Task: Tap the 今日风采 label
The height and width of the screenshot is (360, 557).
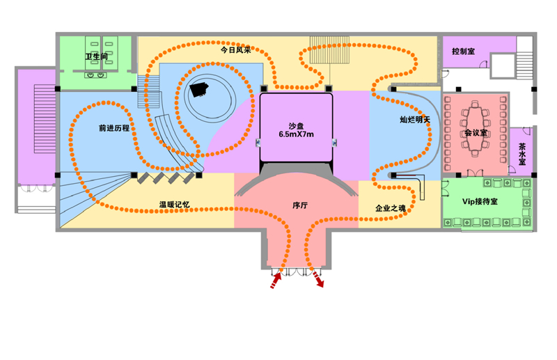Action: (x=235, y=50)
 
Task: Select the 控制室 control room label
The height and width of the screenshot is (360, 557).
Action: (x=463, y=52)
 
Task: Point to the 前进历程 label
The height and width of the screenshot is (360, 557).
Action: (x=113, y=129)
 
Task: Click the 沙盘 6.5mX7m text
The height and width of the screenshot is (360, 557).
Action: (x=295, y=129)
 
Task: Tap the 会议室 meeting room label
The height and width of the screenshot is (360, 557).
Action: (x=476, y=132)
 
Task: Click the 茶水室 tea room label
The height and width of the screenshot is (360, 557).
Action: (x=521, y=153)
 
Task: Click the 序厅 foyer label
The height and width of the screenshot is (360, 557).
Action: (x=300, y=207)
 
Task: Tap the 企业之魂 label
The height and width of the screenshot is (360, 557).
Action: (x=390, y=208)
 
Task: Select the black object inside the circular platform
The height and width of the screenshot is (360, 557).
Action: (x=201, y=88)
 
